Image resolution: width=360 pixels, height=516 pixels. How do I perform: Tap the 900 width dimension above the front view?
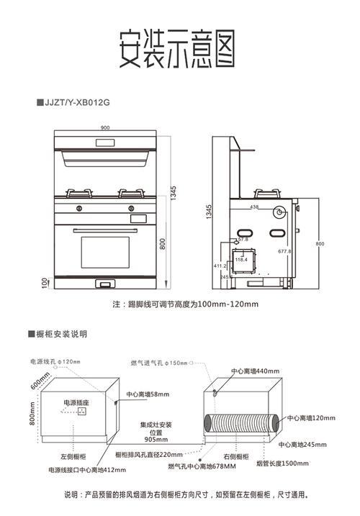point(105,128)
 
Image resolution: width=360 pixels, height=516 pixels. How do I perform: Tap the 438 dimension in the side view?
point(254,207)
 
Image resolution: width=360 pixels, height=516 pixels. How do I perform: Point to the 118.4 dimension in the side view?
point(240,259)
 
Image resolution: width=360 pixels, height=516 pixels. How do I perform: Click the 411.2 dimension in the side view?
point(221,266)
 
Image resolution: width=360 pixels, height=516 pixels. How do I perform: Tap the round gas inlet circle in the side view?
point(279,213)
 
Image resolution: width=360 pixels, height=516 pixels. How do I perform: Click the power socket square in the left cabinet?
point(82,412)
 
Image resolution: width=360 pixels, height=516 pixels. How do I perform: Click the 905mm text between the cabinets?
point(156,439)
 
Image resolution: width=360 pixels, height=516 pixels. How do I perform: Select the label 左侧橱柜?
point(73,456)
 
